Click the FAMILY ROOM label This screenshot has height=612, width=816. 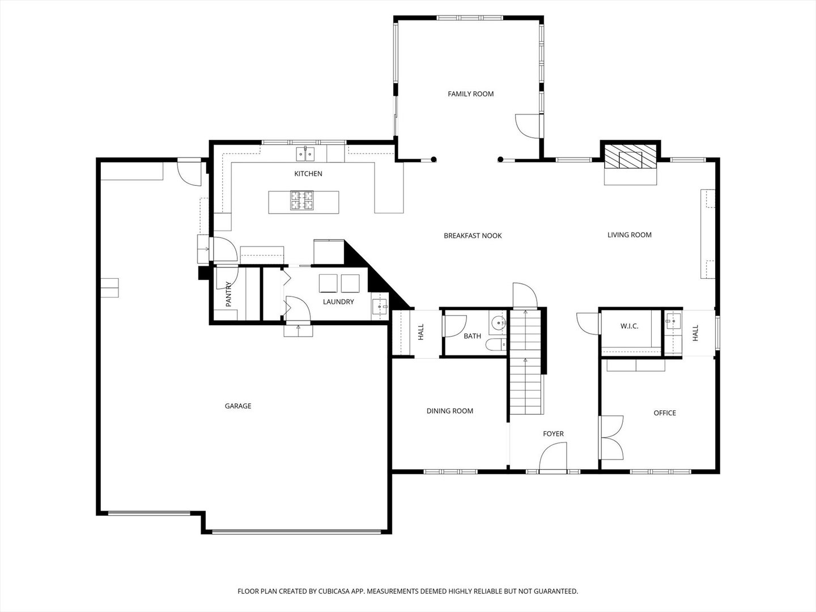coord(471,94)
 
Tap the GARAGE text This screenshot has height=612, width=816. coord(238,406)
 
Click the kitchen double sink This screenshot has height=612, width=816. coord(305,154)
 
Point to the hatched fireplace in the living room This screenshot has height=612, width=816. coord(630,156)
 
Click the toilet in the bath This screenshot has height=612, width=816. coord(496,345)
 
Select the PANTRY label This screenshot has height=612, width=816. coord(228,294)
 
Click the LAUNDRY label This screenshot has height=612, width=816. coord(338,301)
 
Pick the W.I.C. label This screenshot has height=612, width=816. coord(630,326)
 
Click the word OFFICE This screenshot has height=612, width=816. coord(665,413)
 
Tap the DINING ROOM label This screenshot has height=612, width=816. coord(450,411)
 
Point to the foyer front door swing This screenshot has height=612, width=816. coord(553,456)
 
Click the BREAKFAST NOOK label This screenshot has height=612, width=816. coord(473,236)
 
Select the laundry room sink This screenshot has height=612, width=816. coord(380,307)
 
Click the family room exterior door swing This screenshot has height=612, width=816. coord(527,126)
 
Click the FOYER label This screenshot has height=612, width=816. coord(553,433)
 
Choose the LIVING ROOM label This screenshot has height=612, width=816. coord(630,235)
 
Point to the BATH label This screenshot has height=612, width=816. coord(472,336)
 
